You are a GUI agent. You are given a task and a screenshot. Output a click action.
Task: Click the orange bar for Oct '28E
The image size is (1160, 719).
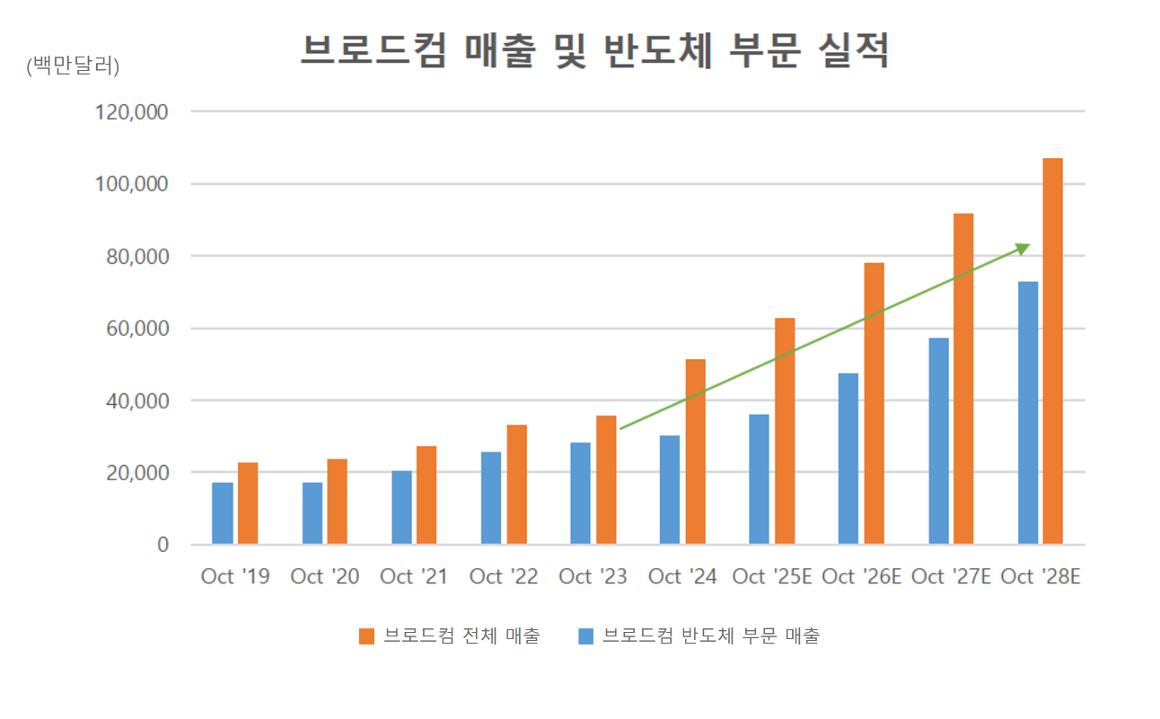(x=1052, y=351)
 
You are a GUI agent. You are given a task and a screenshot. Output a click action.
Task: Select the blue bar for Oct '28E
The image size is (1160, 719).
(x=1027, y=413)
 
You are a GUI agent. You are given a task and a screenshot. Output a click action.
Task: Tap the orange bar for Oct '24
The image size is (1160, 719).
(x=695, y=452)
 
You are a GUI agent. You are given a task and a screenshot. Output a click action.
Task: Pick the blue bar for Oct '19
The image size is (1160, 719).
(x=223, y=513)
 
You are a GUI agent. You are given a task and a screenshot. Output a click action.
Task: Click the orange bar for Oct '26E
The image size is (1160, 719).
(x=874, y=403)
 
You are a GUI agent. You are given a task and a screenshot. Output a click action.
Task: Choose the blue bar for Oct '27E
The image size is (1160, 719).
(x=938, y=441)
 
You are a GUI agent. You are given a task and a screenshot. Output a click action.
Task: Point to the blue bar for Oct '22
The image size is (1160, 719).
(x=491, y=498)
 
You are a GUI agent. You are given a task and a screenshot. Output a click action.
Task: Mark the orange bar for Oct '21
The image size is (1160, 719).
(x=426, y=495)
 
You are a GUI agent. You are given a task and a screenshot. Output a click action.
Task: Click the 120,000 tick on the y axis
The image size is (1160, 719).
(x=130, y=112)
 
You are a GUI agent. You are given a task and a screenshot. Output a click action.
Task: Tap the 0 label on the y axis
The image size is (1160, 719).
(x=163, y=545)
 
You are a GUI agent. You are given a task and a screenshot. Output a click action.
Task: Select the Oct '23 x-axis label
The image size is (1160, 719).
(x=593, y=576)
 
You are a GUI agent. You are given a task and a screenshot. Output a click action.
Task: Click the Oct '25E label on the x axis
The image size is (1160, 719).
(x=772, y=576)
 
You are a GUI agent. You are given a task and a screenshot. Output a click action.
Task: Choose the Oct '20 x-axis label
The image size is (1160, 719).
(x=324, y=576)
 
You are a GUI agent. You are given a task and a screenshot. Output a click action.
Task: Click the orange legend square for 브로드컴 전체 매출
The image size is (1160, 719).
(x=366, y=636)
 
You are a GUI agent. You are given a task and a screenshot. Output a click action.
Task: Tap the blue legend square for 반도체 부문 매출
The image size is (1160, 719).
(x=585, y=636)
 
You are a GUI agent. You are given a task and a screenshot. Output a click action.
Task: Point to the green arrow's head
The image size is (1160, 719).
(x=1024, y=248)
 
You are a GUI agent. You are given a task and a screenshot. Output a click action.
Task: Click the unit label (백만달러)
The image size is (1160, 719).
(x=73, y=66)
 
